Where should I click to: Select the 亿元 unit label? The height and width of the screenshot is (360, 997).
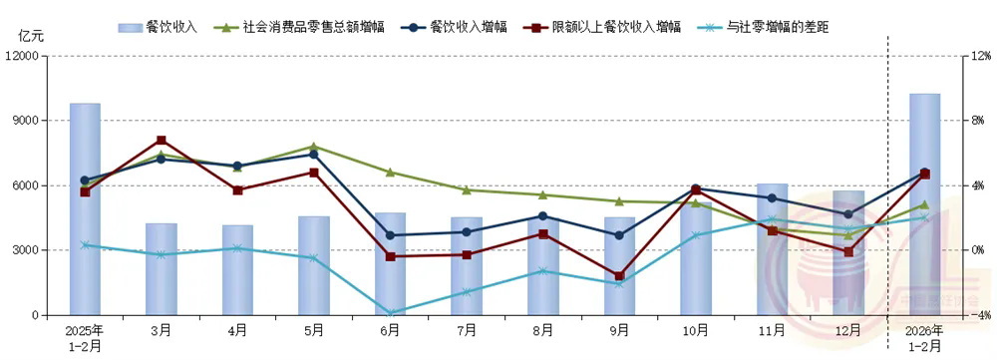click(x=31, y=35)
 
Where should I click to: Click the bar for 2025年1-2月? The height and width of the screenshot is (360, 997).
click(x=85, y=209)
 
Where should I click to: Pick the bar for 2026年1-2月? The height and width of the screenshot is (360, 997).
click(x=924, y=204)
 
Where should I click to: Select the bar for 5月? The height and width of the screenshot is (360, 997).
click(x=313, y=265)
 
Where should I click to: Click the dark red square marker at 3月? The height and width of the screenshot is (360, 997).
click(x=162, y=141)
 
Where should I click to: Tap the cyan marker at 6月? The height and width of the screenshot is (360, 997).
click(x=390, y=313)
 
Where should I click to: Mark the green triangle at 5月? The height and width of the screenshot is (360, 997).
click(x=313, y=147)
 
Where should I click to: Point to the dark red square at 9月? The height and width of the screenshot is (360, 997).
click(x=619, y=276)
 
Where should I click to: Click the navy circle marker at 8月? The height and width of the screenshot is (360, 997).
click(x=542, y=215)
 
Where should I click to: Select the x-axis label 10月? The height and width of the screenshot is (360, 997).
click(x=695, y=328)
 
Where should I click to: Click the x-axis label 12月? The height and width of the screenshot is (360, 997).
click(x=848, y=328)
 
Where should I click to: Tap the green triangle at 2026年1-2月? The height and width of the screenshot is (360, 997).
click(x=924, y=204)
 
